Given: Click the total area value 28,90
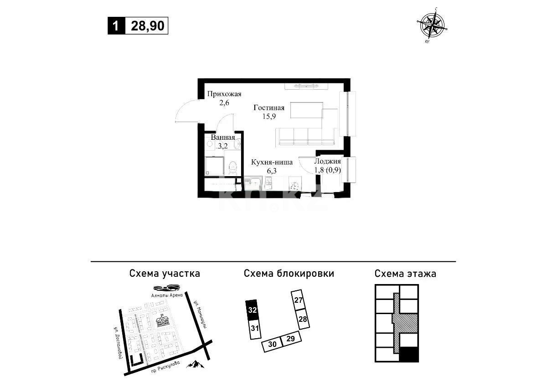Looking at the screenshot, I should [x=148, y=26].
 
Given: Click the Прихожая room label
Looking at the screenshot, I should [x=224, y=94].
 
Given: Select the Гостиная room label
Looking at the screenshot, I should [x=269, y=108].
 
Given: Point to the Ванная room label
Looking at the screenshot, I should [x=223, y=137].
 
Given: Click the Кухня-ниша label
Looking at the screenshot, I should [x=272, y=162].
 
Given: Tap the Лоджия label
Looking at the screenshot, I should [x=328, y=162].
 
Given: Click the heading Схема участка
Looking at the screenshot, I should [x=165, y=274].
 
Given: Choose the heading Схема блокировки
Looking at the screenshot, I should [x=289, y=274].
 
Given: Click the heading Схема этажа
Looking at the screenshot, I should [x=405, y=274].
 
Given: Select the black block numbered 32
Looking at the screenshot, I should [x=253, y=310].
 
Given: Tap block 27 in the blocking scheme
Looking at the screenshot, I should [x=299, y=300].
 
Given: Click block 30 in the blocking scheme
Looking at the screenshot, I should [x=272, y=345].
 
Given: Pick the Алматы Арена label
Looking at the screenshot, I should [x=166, y=295].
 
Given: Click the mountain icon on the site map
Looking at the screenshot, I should [x=195, y=364].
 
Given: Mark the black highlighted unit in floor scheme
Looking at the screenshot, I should [x=409, y=354].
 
